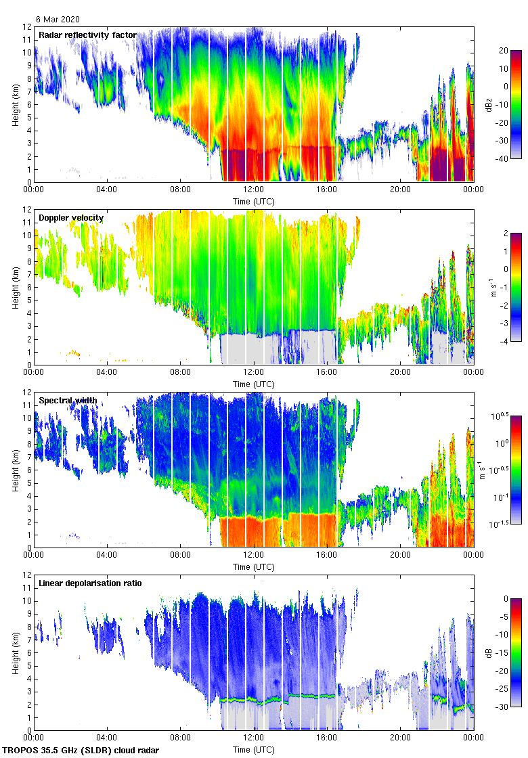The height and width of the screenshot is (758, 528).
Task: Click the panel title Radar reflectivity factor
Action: [87, 35]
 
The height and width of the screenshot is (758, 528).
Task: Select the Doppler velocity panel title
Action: [71, 218]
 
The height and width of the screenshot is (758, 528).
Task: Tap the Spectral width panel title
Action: [68, 401]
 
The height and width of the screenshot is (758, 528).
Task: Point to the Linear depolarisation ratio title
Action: [90, 583]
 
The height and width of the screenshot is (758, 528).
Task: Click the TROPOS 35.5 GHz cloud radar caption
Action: [81, 751]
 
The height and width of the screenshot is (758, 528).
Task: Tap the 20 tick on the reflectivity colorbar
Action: [504, 51]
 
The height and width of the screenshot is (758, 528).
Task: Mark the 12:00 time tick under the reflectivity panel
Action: [254, 190]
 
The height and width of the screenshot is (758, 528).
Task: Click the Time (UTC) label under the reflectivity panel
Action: [254, 201]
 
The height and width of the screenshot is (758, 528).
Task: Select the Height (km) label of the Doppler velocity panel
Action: [15, 287]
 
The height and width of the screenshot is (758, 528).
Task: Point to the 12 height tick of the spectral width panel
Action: [27, 393]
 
